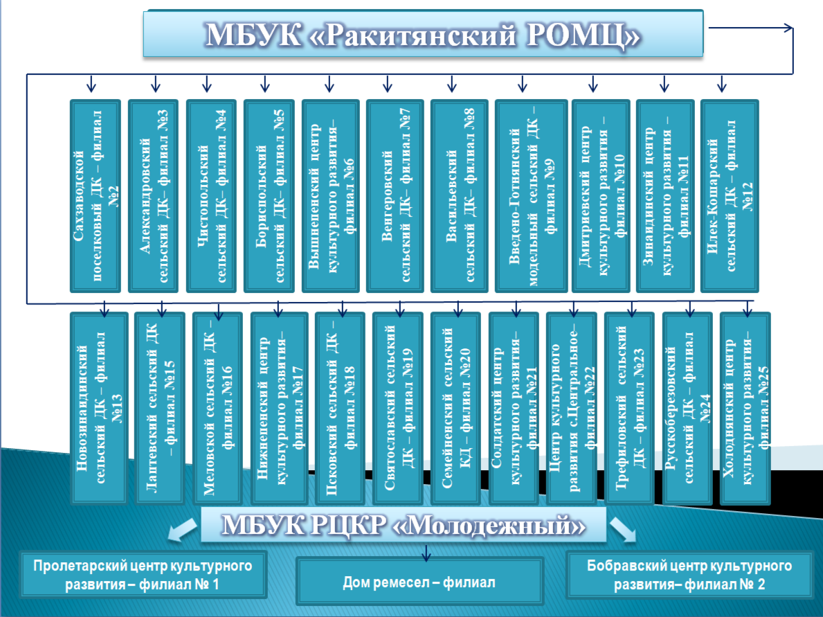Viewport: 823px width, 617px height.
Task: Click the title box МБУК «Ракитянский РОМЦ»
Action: [x=423, y=33]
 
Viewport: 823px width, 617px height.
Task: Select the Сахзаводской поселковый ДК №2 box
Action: [x=95, y=196]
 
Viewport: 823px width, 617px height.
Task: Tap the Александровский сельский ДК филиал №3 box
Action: [x=153, y=196]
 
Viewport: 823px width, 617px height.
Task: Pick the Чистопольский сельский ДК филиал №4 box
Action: [x=211, y=196]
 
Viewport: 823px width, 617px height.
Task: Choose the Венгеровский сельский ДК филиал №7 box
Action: [x=395, y=196]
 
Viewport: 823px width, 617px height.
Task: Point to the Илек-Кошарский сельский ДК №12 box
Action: [x=730, y=196]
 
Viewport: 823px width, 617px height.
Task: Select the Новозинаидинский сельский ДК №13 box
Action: [x=99, y=408]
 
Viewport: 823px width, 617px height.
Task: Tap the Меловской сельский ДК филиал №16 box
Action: [x=217, y=408]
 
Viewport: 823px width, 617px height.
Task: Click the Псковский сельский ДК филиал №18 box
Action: [x=340, y=408]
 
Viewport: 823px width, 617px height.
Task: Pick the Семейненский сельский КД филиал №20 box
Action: [x=455, y=408]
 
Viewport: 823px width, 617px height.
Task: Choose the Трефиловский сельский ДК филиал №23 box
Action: [x=629, y=408]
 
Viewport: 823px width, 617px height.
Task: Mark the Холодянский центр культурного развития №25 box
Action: [x=745, y=408]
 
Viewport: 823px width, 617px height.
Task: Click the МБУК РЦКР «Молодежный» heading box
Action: [x=403, y=525]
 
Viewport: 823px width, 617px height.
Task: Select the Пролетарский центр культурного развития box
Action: [x=143, y=575]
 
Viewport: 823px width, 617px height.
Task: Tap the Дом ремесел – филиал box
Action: [x=419, y=581]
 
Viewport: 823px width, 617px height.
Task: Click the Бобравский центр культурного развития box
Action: [x=689, y=575]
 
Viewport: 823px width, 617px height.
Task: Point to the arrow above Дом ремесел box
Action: [x=426, y=553]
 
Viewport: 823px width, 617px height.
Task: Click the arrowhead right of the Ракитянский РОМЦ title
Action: [x=788, y=28]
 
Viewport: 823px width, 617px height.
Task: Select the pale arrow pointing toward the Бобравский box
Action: [x=623, y=529]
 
